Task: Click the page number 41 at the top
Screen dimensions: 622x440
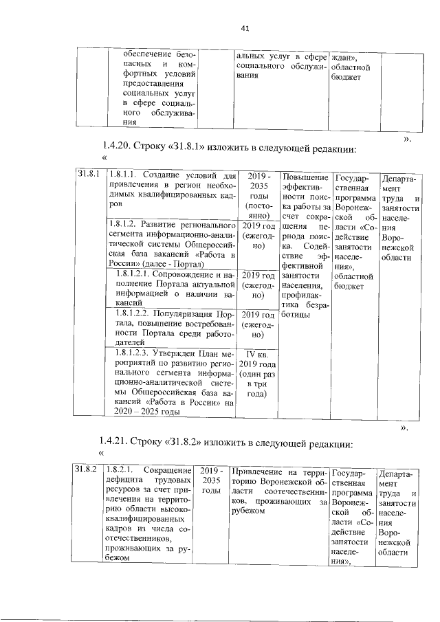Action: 245,28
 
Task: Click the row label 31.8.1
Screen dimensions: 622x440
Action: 88,175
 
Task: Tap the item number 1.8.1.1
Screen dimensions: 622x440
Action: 125,175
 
